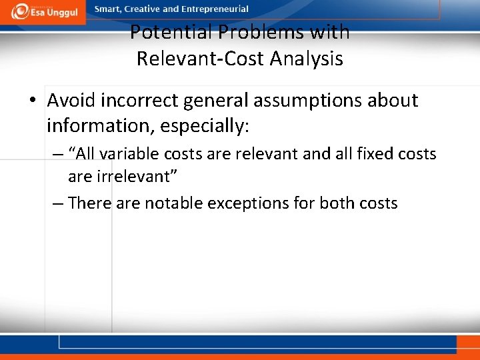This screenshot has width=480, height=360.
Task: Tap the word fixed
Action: (375, 154)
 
